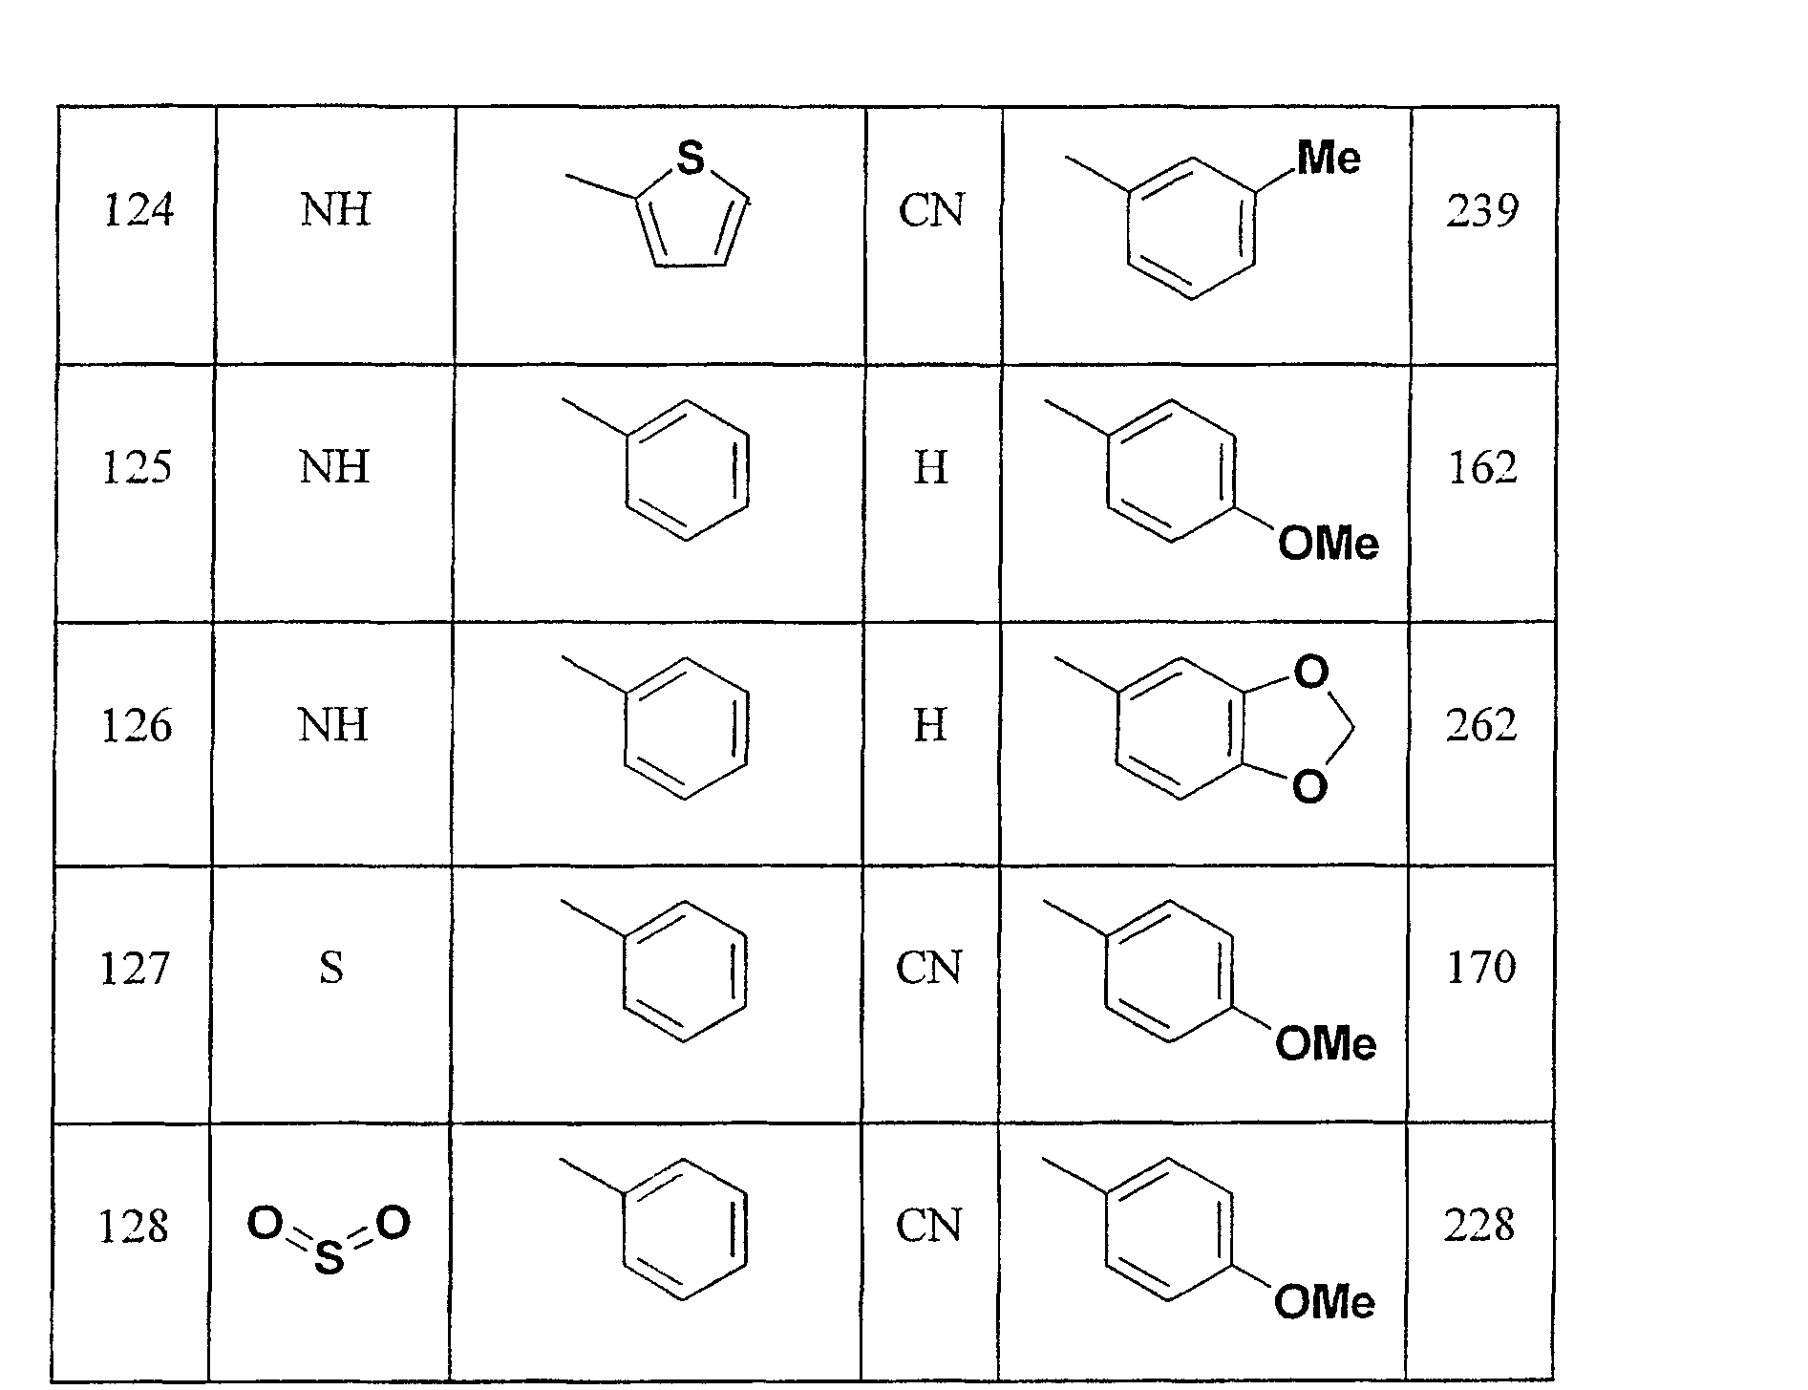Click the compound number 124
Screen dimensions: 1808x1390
coord(138,210)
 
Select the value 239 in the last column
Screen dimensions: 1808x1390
coord(1482,210)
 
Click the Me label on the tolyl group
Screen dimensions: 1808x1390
coord(1329,159)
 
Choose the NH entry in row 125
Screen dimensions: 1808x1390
coord(334,468)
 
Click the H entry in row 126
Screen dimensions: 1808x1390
coord(930,726)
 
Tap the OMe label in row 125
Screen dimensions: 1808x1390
coord(1329,545)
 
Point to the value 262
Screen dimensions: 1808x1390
coord(1481,726)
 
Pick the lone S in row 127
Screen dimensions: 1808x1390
coord(330,968)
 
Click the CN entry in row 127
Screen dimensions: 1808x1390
coord(928,968)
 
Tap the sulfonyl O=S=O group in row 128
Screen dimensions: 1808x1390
coord(330,1239)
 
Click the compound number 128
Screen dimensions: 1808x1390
coord(134,1226)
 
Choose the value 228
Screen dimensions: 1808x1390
coord(1479,1226)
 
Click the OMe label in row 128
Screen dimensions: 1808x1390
coord(1325,1302)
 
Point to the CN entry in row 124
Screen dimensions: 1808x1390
coord(931,210)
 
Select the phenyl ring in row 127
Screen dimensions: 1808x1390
coord(684,971)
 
